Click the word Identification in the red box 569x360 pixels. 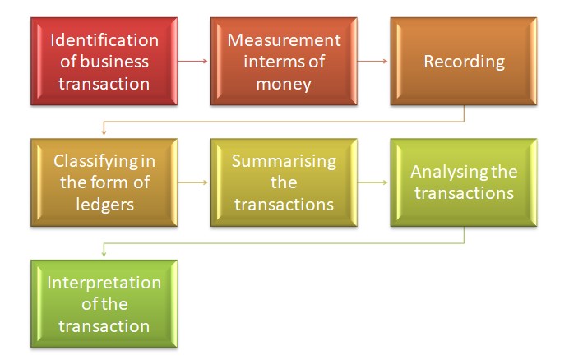104,39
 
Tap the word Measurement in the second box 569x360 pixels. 284,39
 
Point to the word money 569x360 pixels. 284,82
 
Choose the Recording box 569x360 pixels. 464,61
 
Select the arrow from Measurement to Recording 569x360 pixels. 372,61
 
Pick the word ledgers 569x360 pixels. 104,203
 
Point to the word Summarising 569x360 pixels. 284,160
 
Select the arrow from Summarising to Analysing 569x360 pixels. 372,182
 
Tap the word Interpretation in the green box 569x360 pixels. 104,283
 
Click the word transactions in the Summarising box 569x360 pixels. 284,203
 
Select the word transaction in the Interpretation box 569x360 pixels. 104,325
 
